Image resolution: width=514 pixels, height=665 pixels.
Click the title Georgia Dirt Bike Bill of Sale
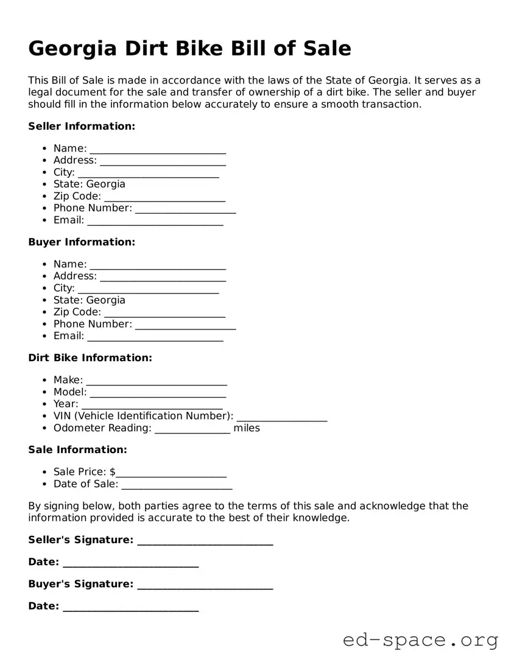coord(189,48)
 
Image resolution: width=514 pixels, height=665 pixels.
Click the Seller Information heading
coord(82,126)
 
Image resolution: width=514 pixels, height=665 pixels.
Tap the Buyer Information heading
coord(82,242)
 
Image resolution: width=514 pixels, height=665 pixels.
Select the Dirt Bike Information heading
coord(90,357)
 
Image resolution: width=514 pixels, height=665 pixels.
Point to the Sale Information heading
coord(77,449)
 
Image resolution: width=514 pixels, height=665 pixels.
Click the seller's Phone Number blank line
coord(185,210)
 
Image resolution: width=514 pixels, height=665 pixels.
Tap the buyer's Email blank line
coord(155,338)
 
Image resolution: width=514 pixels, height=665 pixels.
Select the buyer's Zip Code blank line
coord(164,314)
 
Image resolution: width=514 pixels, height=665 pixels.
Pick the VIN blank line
coord(281,418)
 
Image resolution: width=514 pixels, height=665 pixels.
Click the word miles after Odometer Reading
coord(247,428)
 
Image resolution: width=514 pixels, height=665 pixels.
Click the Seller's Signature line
coord(205,542)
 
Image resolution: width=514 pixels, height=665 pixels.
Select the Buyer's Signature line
coord(205,586)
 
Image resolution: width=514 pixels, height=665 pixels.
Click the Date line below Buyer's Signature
coord(130,608)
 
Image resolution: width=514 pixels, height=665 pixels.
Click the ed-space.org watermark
coord(420,640)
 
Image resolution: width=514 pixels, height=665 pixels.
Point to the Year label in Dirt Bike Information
coord(66,404)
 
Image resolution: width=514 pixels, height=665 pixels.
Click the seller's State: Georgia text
coord(89,184)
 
